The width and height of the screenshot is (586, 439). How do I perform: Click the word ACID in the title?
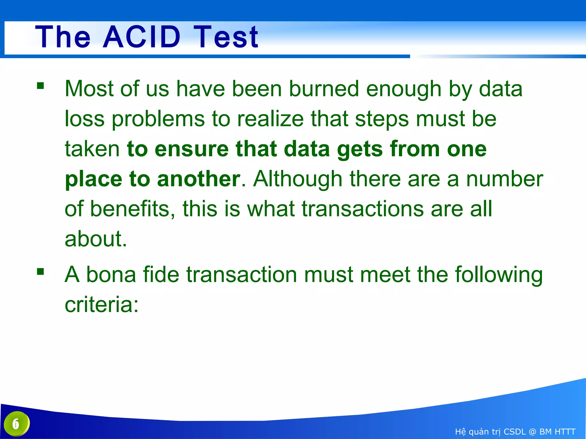pos(141,37)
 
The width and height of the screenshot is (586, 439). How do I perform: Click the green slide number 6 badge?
pos(16,424)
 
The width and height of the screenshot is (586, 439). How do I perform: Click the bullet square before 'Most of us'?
pos(40,86)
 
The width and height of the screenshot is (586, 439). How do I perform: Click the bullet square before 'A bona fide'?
pos(40,271)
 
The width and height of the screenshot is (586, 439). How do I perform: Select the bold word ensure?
pos(191,149)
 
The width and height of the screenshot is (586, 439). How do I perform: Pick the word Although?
pos(298,179)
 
